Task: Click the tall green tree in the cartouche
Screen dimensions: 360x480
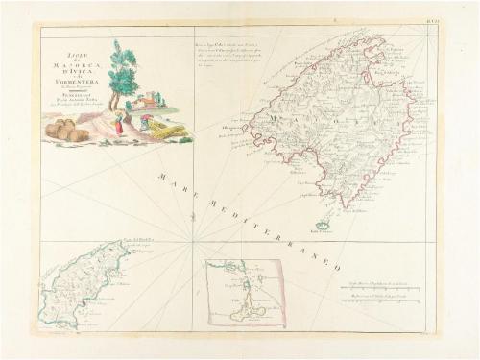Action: (124, 67)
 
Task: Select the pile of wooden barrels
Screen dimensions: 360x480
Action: (67, 130)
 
